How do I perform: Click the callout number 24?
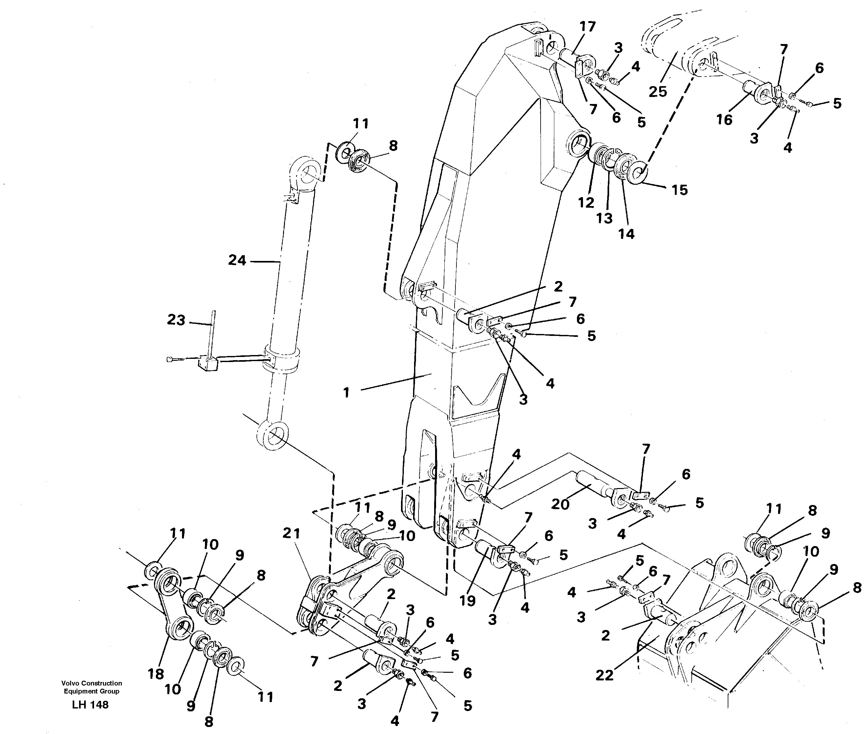click(237, 261)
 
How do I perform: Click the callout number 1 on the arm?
click(346, 392)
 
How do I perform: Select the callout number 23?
click(176, 320)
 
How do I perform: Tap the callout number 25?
click(658, 92)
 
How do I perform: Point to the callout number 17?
click(587, 26)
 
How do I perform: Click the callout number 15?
click(680, 190)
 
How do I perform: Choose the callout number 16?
click(724, 120)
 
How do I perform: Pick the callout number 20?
click(560, 505)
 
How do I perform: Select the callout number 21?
click(291, 533)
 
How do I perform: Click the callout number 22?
click(604, 675)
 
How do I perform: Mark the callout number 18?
click(156, 674)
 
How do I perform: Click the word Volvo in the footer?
click(71, 683)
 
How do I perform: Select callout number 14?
click(627, 234)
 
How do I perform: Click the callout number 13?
click(604, 218)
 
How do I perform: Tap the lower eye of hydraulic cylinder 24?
click(272, 436)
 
